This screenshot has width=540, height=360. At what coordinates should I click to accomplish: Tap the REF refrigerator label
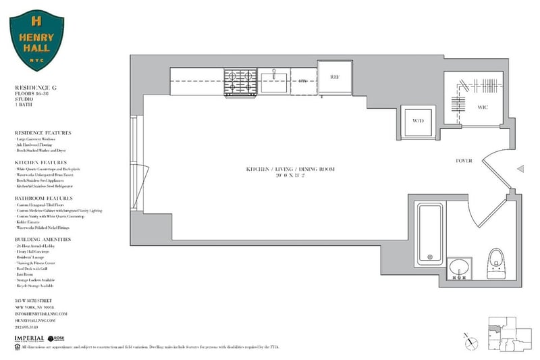[333, 77]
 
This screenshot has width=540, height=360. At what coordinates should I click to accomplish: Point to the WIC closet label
[483, 107]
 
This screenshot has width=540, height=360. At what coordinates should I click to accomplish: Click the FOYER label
[464, 161]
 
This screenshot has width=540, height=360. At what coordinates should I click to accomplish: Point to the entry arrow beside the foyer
[520, 170]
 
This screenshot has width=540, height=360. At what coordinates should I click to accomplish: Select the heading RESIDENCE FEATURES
[43, 133]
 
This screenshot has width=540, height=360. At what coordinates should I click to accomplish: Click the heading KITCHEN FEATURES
[40, 163]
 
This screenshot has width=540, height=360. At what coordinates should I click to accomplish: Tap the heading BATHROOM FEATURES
[43, 199]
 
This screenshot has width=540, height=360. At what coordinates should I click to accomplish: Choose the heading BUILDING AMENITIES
[43, 240]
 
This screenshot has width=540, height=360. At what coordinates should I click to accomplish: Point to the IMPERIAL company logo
[31, 337]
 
